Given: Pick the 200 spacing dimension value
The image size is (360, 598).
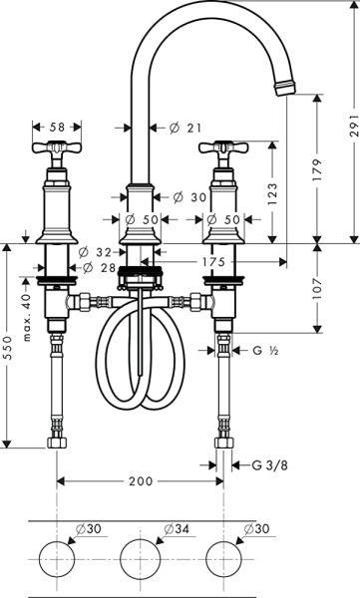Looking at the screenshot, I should click(140, 481).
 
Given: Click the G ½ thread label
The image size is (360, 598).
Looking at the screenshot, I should click(263, 350).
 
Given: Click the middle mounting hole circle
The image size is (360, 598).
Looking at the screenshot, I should click(139, 556).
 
